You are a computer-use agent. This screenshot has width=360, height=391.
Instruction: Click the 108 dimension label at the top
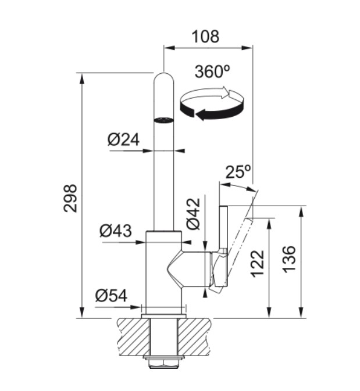point(205,37)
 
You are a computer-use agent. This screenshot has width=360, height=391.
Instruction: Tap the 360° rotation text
point(212,71)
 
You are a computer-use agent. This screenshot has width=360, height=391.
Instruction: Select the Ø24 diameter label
point(123,139)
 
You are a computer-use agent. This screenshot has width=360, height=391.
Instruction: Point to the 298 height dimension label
point(70,198)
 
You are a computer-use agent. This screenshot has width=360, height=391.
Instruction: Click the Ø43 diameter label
point(115,231)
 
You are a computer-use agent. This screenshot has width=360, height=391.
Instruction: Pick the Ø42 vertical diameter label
point(194,214)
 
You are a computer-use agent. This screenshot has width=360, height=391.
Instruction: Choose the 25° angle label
point(238,172)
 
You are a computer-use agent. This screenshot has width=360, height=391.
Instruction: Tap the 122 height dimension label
point(258,264)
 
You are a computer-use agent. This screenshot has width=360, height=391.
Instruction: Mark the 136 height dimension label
point(289,259)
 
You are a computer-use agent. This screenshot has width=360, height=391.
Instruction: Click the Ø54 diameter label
point(111,296)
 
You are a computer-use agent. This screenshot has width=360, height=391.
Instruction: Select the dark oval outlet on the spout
point(163,120)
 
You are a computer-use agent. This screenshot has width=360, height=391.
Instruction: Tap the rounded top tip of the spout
point(163,73)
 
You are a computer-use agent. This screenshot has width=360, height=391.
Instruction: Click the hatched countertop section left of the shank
point(134,337)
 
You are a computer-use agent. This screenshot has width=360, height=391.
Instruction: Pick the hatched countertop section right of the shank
point(195,337)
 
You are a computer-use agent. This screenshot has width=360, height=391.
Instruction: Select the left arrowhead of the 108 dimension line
point(169,48)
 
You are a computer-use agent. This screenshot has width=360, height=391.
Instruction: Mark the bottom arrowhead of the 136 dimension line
point(302,313)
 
